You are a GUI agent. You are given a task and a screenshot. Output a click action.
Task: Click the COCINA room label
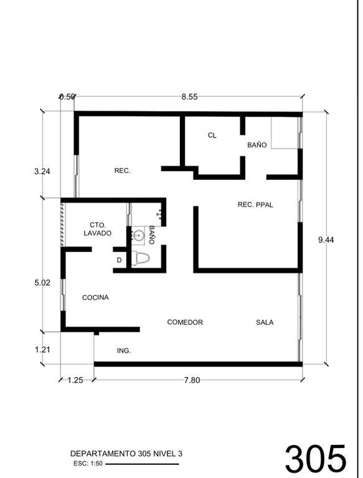click(95, 298)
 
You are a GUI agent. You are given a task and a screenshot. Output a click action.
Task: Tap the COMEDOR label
click(185, 322)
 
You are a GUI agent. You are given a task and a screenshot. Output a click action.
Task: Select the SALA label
click(265, 322)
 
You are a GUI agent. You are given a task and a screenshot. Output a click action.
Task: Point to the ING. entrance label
click(124, 351)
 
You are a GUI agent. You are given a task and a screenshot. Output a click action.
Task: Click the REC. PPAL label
click(255, 205)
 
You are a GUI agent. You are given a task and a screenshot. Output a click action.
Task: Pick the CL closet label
click(212, 135)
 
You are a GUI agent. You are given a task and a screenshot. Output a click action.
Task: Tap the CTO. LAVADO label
click(98, 229)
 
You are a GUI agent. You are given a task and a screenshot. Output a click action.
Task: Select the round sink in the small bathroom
click(138, 236)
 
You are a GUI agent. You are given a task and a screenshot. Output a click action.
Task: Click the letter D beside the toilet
click(120, 260)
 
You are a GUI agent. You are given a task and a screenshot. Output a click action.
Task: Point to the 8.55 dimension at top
click(189, 97)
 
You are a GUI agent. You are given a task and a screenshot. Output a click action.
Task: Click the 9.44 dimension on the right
click(326, 240)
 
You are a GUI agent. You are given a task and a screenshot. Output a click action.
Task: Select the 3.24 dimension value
click(42, 171)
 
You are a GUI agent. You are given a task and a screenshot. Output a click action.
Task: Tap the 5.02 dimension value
click(42, 283)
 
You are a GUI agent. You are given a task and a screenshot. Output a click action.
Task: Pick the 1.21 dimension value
click(42, 350)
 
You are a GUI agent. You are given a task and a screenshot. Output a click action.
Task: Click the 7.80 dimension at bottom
click(192, 380)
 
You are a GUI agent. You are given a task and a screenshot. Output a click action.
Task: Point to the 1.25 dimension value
click(75, 380)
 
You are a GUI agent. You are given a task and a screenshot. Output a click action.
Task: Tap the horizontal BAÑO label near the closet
click(257, 145)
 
